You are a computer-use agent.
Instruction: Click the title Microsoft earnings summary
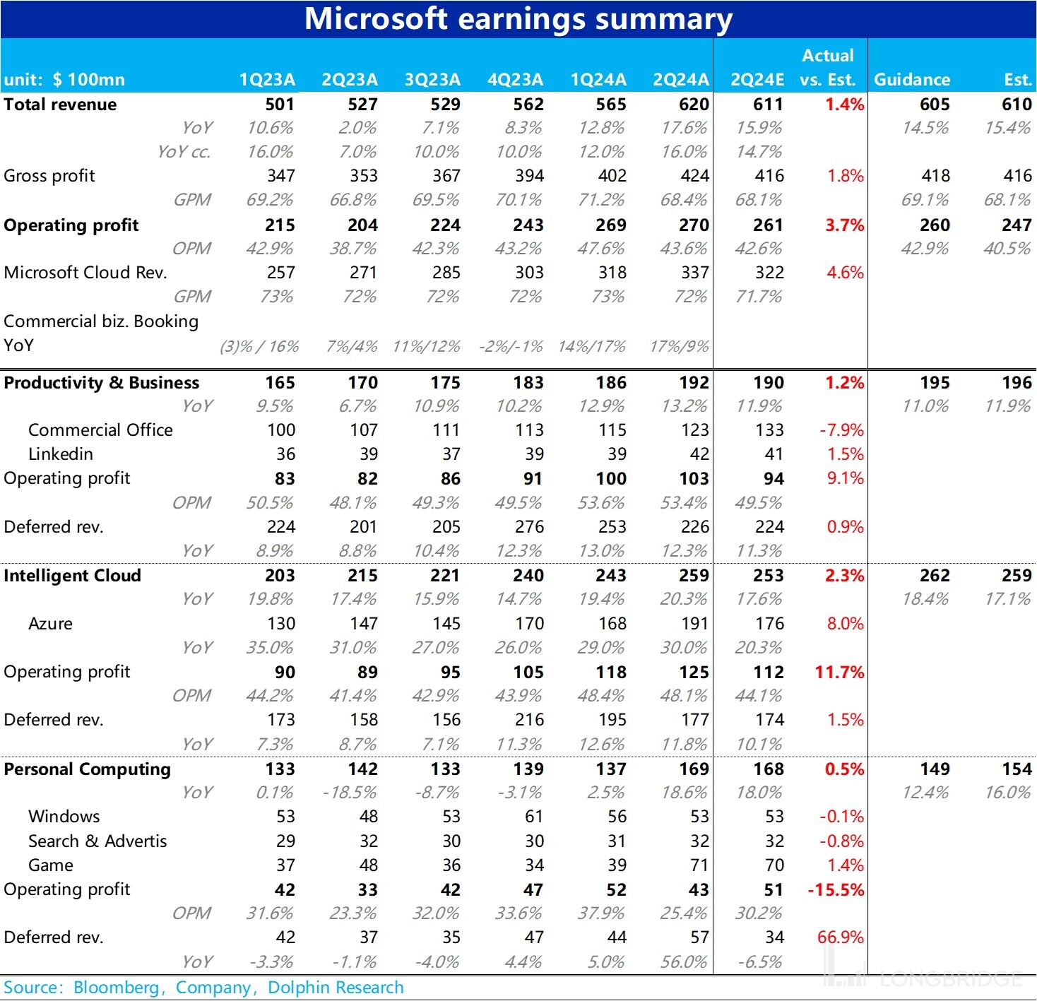pos(518,18)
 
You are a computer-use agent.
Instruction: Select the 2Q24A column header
pos(680,79)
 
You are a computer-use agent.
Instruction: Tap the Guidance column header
pos(912,79)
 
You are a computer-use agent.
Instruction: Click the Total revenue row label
pos(60,105)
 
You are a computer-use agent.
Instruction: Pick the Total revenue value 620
pos(694,105)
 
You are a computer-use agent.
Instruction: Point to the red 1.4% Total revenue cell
pos(845,105)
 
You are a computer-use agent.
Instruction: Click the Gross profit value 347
pos(280,176)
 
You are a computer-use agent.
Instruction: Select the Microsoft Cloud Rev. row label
pos(85,273)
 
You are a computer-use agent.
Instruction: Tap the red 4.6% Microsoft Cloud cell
pos(845,273)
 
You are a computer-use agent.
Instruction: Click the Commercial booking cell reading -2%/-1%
pos(511,346)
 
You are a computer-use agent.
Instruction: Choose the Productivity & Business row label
pos(102,383)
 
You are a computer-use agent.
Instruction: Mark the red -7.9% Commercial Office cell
pos(841,430)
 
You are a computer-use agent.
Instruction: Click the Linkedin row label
pos(61,454)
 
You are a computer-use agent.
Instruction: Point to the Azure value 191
pos(694,624)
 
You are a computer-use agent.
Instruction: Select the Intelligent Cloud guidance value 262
pos(935,576)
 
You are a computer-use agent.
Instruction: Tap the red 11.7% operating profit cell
pos(839,673)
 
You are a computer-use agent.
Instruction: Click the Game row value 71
pos(699,865)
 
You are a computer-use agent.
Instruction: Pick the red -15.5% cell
pos(836,890)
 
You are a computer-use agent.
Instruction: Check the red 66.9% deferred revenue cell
pos(841,937)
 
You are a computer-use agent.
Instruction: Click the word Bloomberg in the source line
pos(117,988)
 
